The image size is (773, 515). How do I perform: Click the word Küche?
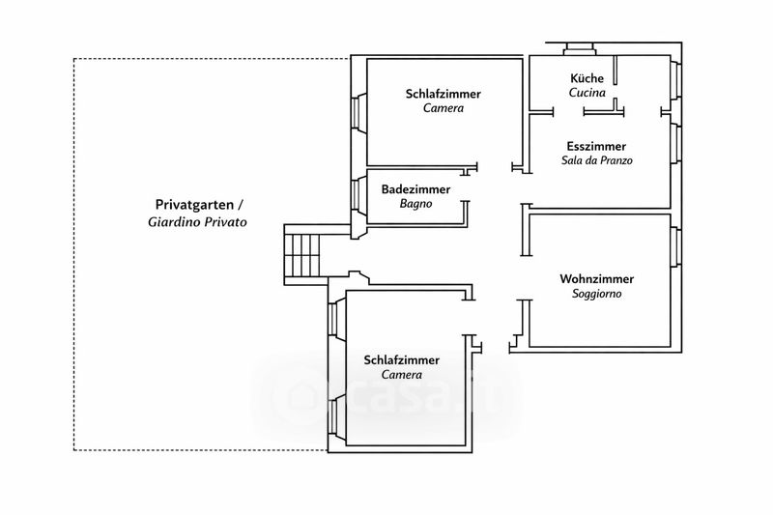coord(587,79)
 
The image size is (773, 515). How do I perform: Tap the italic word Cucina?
coord(587,94)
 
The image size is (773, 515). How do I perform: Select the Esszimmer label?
coord(596,145)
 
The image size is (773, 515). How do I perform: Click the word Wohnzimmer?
coord(596,278)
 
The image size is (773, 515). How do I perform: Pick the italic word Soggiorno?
coord(596,293)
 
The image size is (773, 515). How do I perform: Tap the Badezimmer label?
coord(415,189)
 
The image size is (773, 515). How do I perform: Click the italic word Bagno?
coord(415,204)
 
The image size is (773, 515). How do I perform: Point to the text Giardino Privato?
coord(198,221)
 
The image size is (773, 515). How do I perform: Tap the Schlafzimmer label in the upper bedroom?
coord(444,94)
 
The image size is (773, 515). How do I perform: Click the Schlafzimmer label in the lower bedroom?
coord(402,359)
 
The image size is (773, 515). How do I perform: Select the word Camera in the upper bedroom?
coord(444,108)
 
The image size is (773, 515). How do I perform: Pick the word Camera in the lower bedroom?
coord(402,374)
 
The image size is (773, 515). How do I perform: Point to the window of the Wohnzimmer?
coord(676,246)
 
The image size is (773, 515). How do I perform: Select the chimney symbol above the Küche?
coord(577,47)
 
